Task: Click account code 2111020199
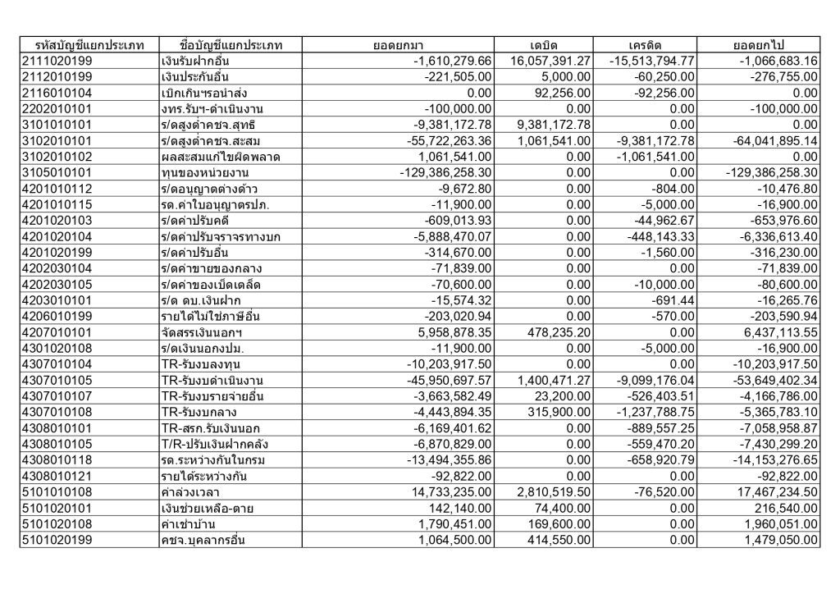[57, 61]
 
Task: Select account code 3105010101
[57, 172]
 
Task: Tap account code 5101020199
[57, 539]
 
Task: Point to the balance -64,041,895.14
[768, 140]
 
